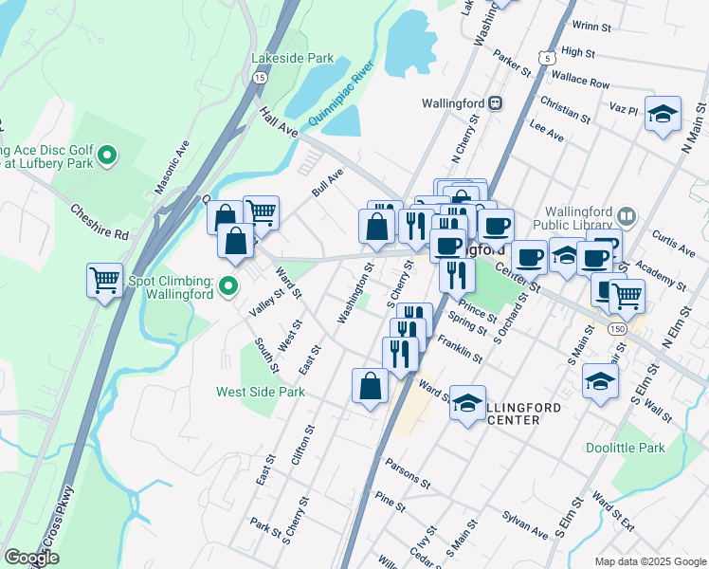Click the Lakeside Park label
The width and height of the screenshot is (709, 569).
292,58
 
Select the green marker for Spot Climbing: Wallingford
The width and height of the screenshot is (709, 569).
227,285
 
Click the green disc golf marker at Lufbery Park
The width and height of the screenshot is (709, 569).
107,155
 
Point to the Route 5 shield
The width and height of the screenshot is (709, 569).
547,59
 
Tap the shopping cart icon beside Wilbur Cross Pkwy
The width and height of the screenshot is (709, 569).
104,280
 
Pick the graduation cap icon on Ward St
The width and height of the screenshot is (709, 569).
467,402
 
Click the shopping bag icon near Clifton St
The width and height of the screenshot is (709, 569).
370,385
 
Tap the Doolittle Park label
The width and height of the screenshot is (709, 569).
664,448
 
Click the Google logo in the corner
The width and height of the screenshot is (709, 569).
31,558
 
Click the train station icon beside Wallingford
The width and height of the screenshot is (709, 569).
495,102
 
